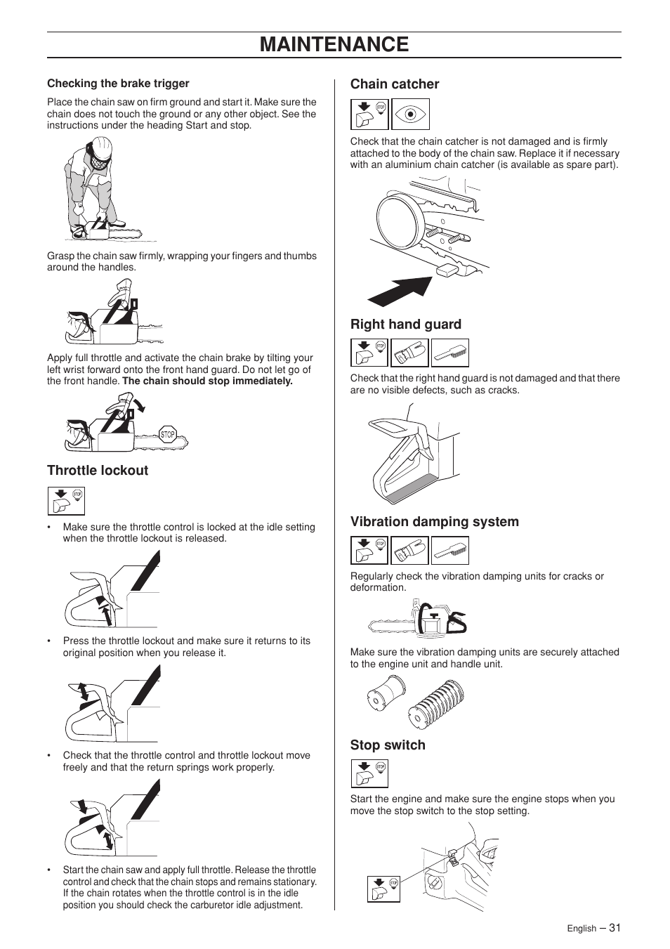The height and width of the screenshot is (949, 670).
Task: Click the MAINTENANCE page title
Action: pos(334,44)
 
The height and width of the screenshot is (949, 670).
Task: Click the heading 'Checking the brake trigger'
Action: pos(118,84)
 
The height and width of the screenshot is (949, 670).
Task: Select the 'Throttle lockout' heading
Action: pos(98,471)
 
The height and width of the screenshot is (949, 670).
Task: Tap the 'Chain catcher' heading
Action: pos(395,84)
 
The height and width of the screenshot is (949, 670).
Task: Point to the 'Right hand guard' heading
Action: pos(406,325)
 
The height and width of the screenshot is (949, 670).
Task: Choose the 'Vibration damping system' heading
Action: pos(435,522)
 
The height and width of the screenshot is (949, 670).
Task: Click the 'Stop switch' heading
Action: pos(388,745)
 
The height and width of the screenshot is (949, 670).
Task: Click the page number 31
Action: pos(615,927)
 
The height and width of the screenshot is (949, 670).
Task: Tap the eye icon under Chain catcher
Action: pos(410,114)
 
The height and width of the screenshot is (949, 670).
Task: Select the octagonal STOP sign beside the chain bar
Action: pos(167,435)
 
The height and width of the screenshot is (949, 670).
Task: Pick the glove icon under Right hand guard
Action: pos(409,353)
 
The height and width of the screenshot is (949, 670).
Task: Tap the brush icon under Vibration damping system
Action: pos(449,551)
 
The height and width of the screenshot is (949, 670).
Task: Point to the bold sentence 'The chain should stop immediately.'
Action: pos(207,381)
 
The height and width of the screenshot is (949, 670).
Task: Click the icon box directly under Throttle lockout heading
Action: pos(66,501)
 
